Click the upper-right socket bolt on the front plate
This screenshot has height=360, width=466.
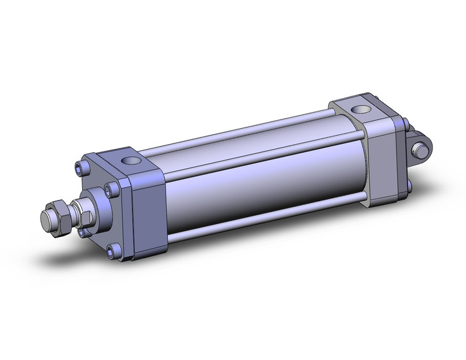click(x=112, y=187)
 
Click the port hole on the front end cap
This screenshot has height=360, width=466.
click(x=131, y=161)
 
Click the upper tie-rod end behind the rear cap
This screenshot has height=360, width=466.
click(x=405, y=125)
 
